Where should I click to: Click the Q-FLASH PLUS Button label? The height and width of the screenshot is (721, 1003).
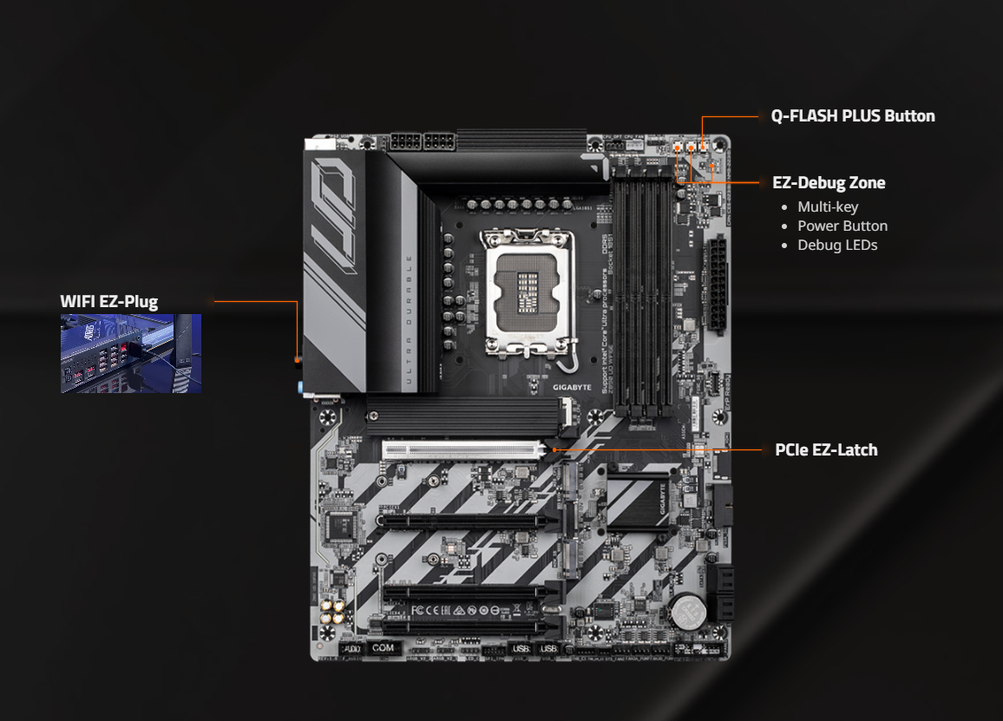click(853, 116)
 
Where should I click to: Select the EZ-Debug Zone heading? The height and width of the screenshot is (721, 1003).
click(829, 183)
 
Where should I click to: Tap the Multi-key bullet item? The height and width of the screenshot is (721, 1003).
click(828, 206)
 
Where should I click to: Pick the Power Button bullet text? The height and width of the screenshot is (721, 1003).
click(842, 226)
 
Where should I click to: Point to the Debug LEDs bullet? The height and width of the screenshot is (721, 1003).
click(837, 245)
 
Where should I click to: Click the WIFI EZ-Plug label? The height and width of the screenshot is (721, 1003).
click(109, 302)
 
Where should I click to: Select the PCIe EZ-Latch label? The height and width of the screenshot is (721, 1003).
click(826, 450)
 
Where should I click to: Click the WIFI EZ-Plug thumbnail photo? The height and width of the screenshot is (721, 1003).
click(131, 353)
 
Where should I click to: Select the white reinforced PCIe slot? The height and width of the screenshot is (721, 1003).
click(465, 450)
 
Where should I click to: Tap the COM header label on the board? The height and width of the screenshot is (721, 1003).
click(383, 648)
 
